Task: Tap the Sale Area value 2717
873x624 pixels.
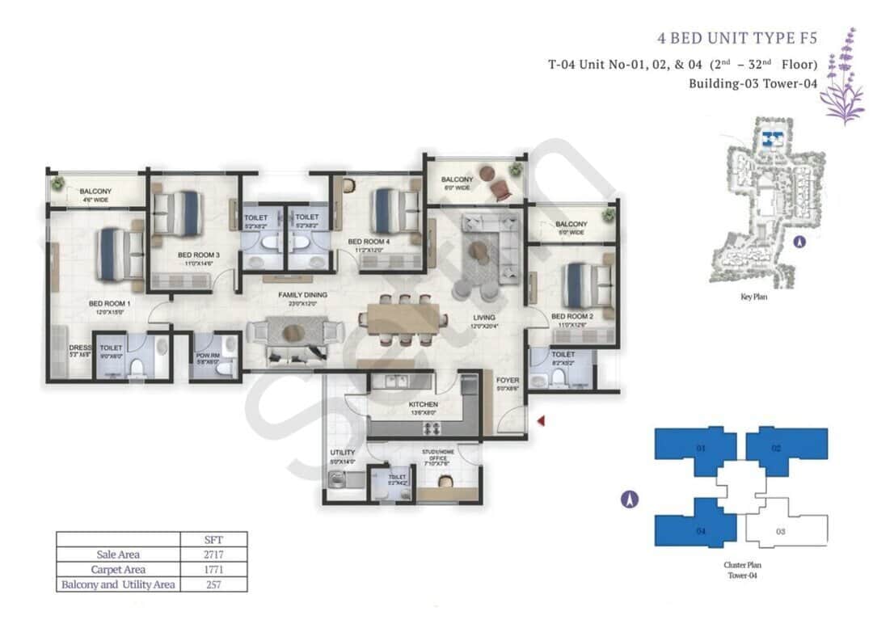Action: coord(214,554)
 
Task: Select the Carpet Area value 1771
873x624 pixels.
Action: coord(214,569)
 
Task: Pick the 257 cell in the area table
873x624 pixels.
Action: coord(214,584)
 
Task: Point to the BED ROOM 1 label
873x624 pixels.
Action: coord(109,305)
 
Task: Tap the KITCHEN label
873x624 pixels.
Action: coord(424,404)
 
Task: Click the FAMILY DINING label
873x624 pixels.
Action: coord(302,295)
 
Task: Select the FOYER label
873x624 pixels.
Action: coord(508,379)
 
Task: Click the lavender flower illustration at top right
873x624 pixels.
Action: coord(841,77)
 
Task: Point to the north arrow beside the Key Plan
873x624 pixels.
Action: coord(799,241)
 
